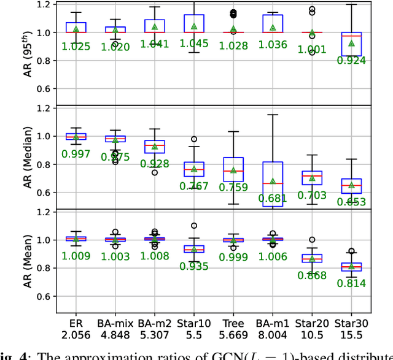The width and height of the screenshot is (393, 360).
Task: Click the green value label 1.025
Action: (x=76, y=47)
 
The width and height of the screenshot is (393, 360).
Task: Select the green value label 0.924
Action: (x=351, y=60)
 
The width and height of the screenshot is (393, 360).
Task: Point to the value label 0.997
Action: (x=76, y=154)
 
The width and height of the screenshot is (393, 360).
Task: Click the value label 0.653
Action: (x=351, y=202)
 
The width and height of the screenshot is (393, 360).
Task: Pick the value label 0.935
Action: (x=194, y=266)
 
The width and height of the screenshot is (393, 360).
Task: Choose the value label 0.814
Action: (x=351, y=283)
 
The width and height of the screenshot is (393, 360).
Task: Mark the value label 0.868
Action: (x=312, y=275)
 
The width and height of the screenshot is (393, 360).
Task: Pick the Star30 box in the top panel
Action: (x=351, y=44)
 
